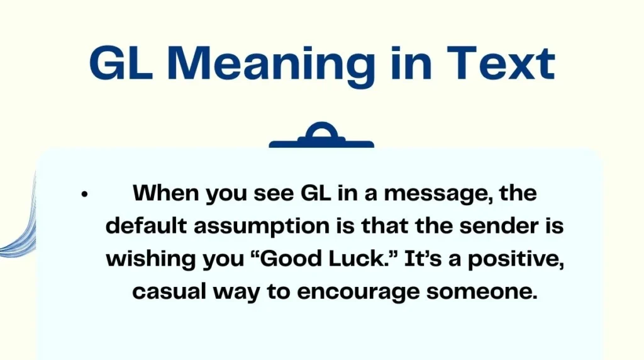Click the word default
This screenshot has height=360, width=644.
(x=146, y=226)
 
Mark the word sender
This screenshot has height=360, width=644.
(x=501, y=226)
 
